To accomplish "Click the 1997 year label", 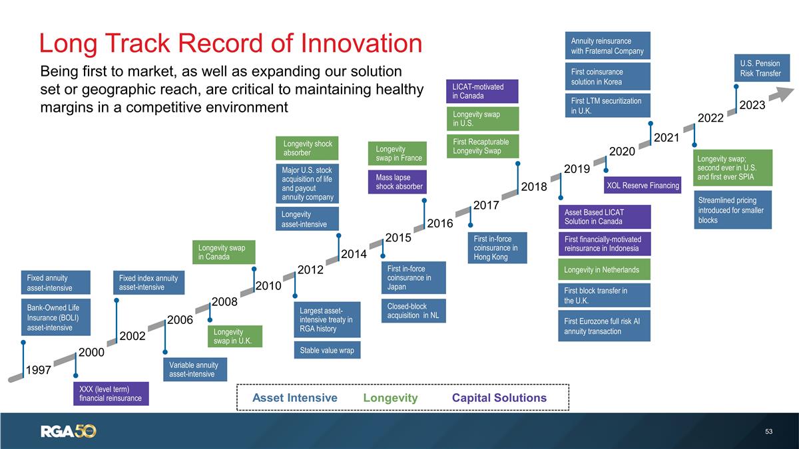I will point(38,370).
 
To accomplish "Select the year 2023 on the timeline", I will point(752,105).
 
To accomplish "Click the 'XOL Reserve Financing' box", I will point(642,185).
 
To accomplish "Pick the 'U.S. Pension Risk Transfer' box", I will point(762,69).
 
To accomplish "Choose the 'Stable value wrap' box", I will point(327,350).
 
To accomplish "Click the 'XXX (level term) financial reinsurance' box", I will point(111,393).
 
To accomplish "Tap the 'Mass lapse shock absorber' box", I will point(396,182).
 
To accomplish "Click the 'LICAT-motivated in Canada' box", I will point(483,91).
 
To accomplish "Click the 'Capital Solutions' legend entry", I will point(499,398).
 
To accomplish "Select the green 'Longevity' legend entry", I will point(390,398).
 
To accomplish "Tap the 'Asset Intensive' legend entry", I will point(294,398).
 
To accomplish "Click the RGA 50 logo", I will point(69,431).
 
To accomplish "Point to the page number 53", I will point(769,432).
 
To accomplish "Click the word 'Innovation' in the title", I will point(340,43).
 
